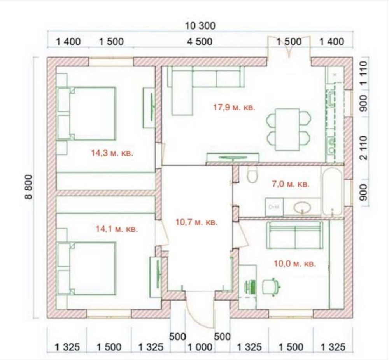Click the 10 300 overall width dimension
click(x=200, y=26)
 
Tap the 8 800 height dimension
click(x=28, y=187)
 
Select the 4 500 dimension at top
click(x=200, y=42)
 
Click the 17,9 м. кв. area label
click(x=234, y=107)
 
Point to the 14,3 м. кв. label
click(x=112, y=153)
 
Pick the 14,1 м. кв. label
click(x=117, y=229)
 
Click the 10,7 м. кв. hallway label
click(x=196, y=222)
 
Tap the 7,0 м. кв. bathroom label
click(x=291, y=184)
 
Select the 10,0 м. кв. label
click(x=295, y=264)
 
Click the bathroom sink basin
click(x=302, y=207)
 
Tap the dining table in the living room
click(x=288, y=129)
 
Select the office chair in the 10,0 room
click(x=272, y=287)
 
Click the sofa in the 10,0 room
click(x=295, y=235)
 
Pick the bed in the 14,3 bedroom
click(x=87, y=114)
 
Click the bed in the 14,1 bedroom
click(x=87, y=269)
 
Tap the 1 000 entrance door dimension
click(x=200, y=347)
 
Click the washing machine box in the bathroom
click(x=274, y=206)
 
